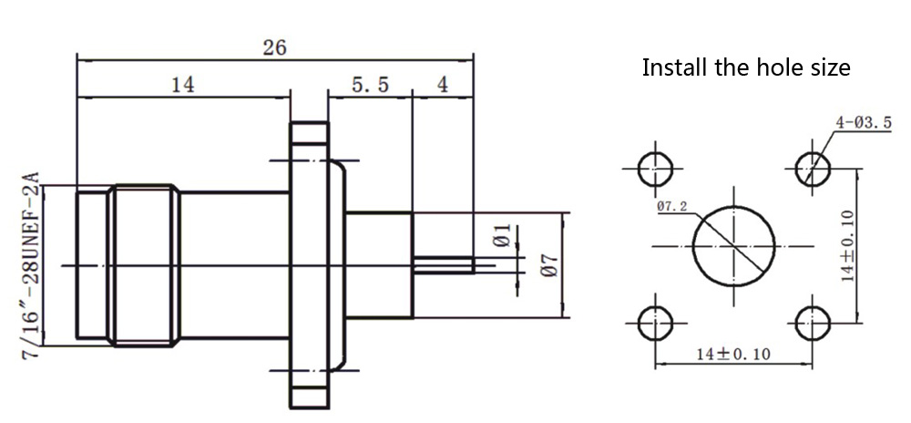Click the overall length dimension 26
tap(274, 48)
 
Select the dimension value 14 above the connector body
tap(182, 85)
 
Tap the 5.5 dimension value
tap(370, 85)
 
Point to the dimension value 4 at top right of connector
tap(443, 85)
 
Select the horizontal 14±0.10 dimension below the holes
tap(732, 353)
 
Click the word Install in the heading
tap(671, 67)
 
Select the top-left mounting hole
tap(654, 169)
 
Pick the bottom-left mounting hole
tap(654, 323)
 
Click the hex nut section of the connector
tap(141, 265)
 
